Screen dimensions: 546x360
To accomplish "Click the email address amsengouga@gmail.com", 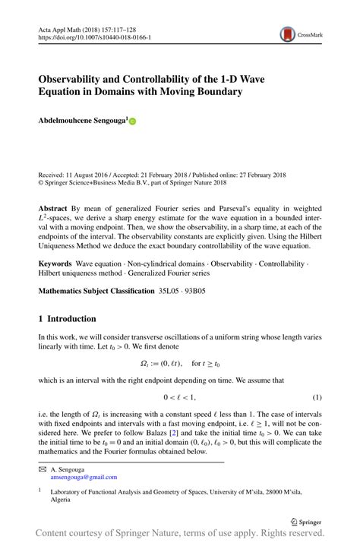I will [84, 477].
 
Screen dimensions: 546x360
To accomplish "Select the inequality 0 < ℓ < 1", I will [180, 397].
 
